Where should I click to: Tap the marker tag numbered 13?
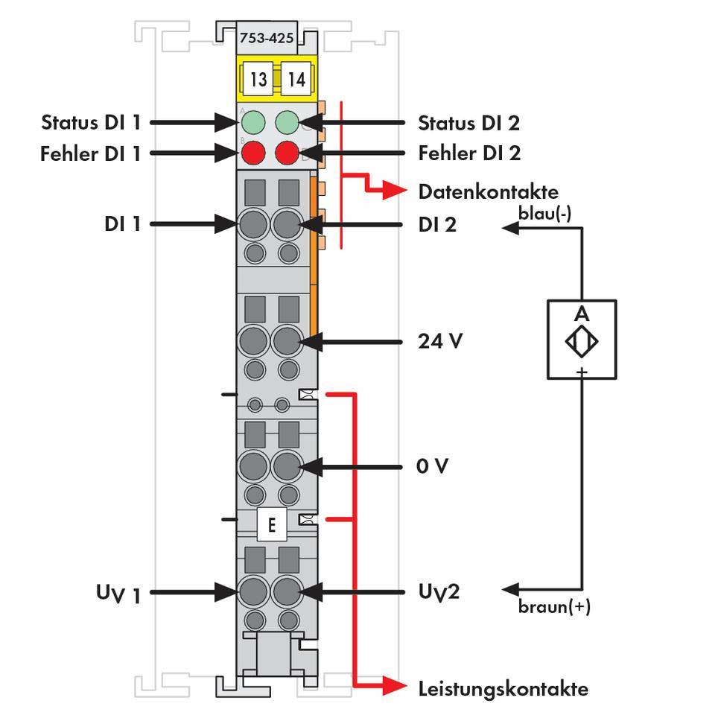258,79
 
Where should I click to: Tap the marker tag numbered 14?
296,79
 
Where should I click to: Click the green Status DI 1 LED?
253,121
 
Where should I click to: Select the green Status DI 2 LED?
288,121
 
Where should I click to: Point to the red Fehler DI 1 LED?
253,153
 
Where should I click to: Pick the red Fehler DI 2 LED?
288,153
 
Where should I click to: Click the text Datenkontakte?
488,192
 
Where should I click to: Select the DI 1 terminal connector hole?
253,223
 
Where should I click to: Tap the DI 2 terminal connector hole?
287,223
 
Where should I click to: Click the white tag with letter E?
271,525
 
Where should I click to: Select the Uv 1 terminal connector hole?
253,592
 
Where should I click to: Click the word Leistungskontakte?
503,688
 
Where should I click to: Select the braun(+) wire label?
554,606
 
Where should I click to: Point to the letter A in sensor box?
582,314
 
